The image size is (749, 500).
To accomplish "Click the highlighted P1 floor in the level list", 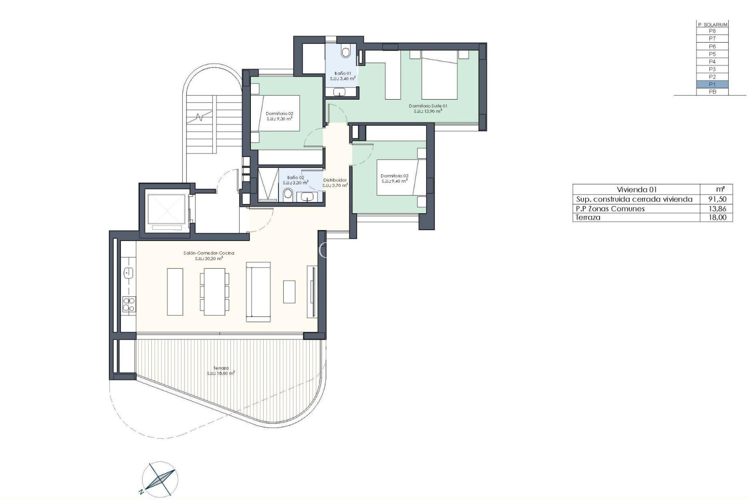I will (x=712, y=84).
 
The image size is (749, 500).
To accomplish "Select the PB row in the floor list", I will (x=712, y=92).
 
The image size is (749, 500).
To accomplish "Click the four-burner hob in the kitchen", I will (x=128, y=304).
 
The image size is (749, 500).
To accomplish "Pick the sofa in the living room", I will (x=258, y=292).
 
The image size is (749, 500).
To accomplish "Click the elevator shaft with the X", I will (x=164, y=209).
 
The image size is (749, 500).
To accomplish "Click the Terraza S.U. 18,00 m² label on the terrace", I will (x=221, y=370).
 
